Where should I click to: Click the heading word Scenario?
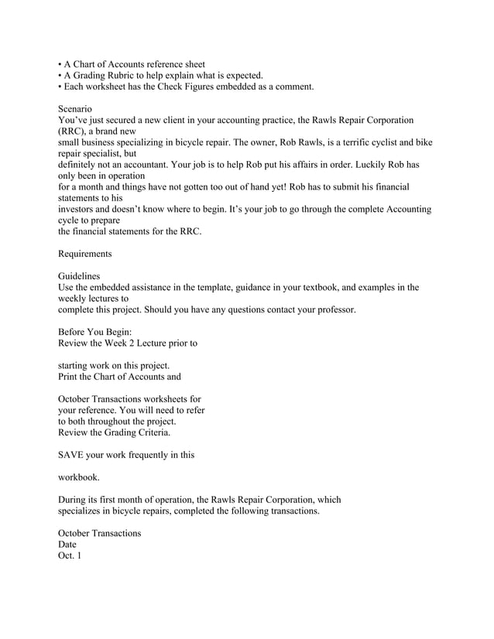coord(76,109)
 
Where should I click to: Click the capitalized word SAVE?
coord(72,455)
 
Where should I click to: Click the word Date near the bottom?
coord(68,545)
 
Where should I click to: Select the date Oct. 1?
coord(70,556)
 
